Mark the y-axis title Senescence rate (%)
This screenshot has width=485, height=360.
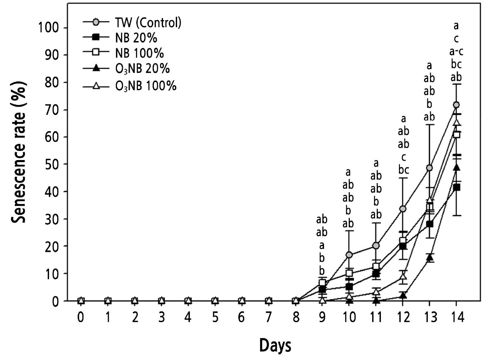click(19, 152)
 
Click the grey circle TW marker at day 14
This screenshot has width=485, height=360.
click(456, 105)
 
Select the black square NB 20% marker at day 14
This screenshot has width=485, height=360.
click(456, 187)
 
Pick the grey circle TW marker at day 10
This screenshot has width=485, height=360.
click(349, 255)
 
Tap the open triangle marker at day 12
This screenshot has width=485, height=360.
click(403, 276)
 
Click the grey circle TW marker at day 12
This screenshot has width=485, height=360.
click(403, 209)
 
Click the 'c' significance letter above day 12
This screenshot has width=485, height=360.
click(403, 157)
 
